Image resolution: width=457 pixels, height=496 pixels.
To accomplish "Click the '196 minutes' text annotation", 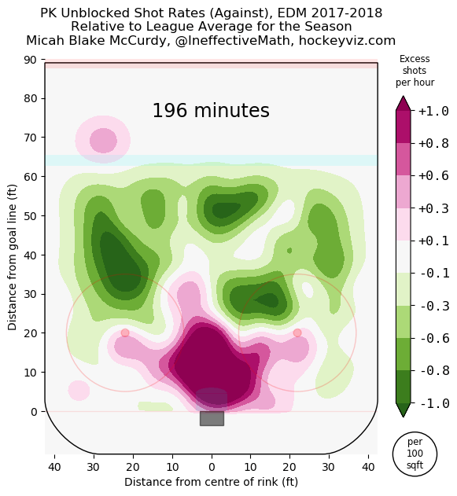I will (211, 111).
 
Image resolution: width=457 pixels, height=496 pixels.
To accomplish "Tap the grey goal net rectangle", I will (212, 418).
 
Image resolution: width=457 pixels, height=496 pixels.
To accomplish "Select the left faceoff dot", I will (125, 333).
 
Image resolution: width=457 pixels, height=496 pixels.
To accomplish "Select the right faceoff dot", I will (297, 333).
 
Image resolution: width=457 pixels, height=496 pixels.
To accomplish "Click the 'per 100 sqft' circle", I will (415, 454).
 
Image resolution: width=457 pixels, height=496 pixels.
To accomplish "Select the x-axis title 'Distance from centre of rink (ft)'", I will (211, 481).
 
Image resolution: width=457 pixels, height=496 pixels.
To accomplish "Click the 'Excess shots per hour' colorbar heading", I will (415, 71).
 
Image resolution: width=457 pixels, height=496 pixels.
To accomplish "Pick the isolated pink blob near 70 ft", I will (103, 141).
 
